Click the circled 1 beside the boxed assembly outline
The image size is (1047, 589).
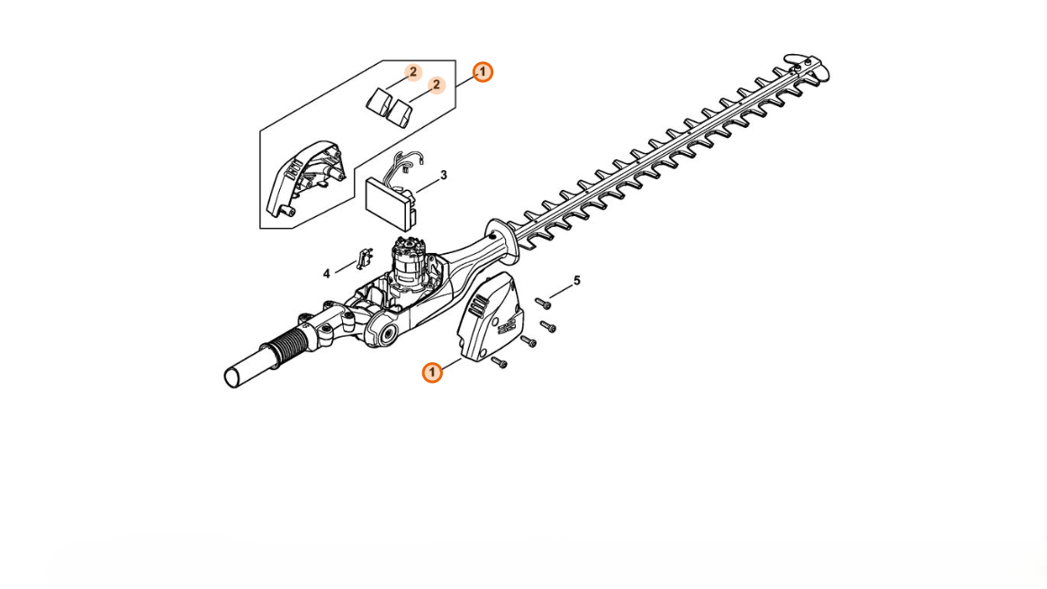(x=483, y=72)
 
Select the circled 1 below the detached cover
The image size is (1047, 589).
(x=432, y=372)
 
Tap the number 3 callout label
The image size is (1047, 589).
(x=443, y=176)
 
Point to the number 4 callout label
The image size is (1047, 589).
(x=327, y=274)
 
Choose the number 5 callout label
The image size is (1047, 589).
(x=577, y=281)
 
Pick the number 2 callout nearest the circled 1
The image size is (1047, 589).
(x=436, y=85)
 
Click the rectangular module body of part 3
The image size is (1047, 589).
(x=389, y=203)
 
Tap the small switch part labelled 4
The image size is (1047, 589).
(x=364, y=258)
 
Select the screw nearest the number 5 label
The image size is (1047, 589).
(x=543, y=304)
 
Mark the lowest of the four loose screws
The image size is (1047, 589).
(x=499, y=362)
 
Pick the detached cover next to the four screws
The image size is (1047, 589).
(x=490, y=316)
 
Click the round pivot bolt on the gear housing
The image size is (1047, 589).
(x=385, y=334)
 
